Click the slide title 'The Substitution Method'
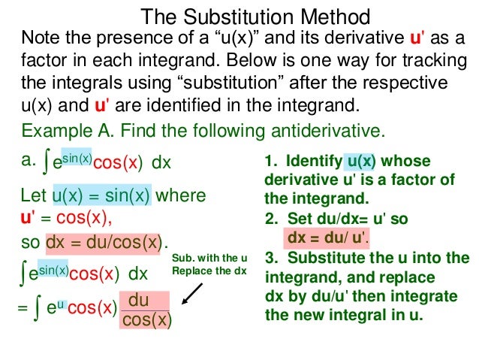(255, 17)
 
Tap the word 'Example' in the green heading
(53, 130)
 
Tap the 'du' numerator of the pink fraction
(139, 300)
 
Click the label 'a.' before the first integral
(29, 159)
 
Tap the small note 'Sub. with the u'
(209, 257)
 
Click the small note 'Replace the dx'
(209, 270)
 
